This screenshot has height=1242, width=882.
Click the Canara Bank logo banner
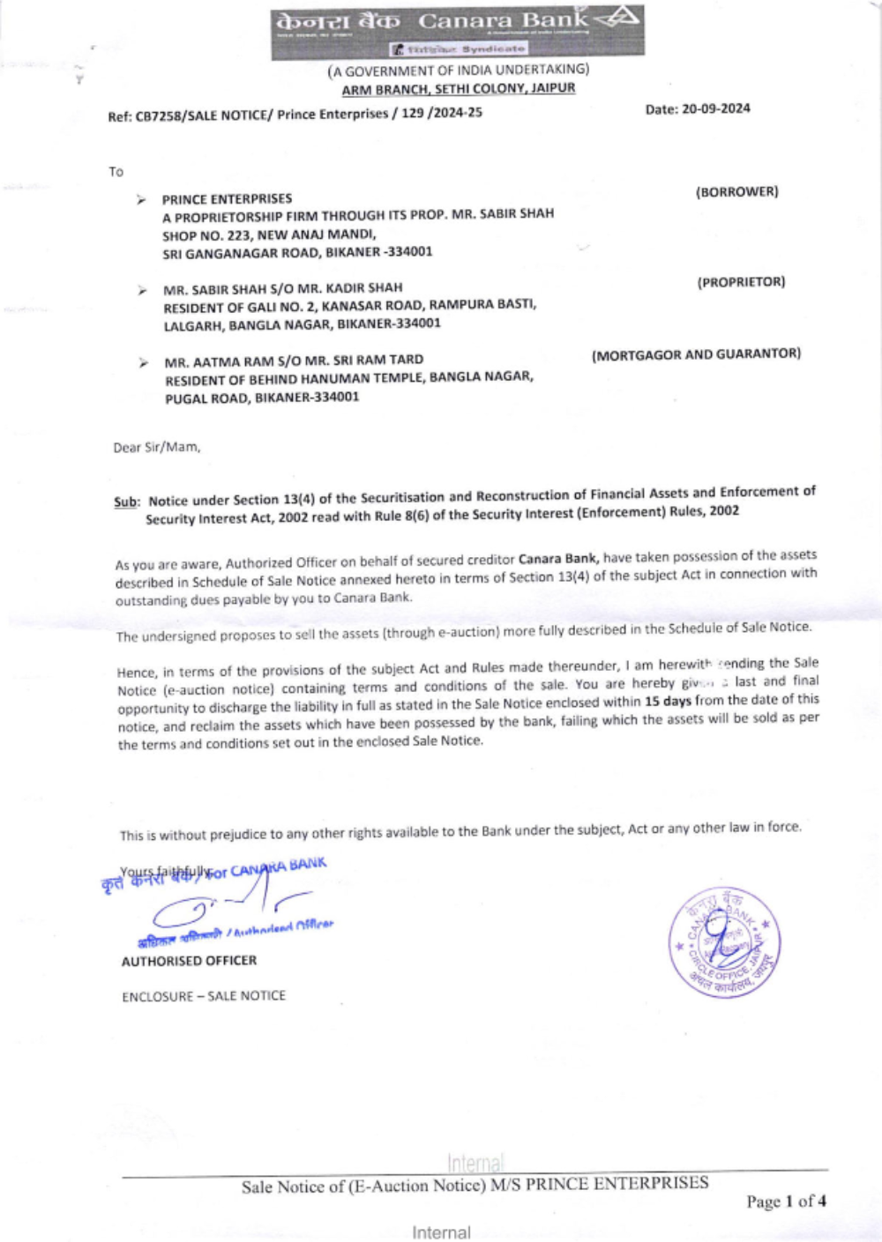(x=457, y=31)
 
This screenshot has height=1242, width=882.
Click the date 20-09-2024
(x=715, y=109)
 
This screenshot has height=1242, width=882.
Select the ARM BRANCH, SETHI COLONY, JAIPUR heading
(x=459, y=88)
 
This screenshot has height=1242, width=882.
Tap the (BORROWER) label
(x=736, y=191)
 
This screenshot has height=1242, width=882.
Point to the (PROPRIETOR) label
(x=741, y=282)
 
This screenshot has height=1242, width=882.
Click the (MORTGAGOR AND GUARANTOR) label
(x=696, y=354)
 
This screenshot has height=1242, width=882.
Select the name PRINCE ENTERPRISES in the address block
(x=227, y=199)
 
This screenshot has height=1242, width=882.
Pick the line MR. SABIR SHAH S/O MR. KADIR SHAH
(x=282, y=288)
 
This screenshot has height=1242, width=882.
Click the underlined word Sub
(x=126, y=502)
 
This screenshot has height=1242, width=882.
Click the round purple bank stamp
(x=724, y=941)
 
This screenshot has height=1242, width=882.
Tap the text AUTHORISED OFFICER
(x=189, y=961)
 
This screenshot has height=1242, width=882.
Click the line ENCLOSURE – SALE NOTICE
(x=204, y=996)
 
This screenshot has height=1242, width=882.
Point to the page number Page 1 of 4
(x=786, y=1201)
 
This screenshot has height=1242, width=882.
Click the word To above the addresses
(x=116, y=172)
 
